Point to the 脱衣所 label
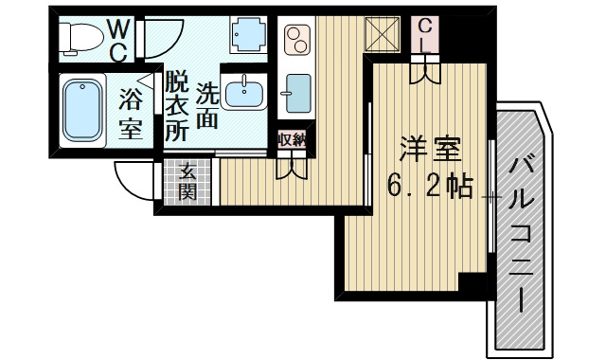[x=176, y=106]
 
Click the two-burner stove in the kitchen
[x=297, y=40]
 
